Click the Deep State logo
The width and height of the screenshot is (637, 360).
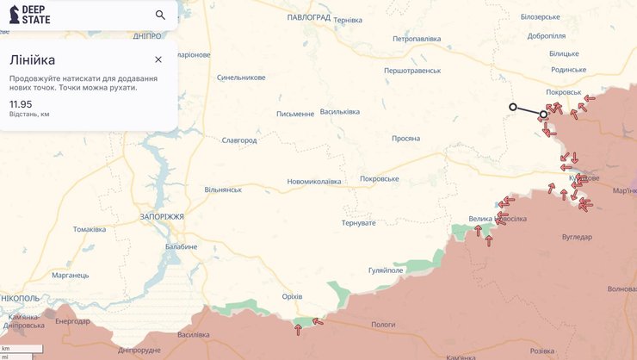(x=29, y=15)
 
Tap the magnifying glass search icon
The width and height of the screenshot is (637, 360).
(x=160, y=15)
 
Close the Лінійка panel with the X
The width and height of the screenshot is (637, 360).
(x=158, y=59)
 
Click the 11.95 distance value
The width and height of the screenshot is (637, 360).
(x=21, y=104)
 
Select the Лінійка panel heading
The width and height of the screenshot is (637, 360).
(x=33, y=59)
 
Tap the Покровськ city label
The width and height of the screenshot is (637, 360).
(x=564, y=92)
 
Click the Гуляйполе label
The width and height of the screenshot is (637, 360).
(x=386, y=270)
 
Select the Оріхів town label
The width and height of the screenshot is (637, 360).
(x=293, y=296)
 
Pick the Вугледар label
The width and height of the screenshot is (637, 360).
(x=577, y=237)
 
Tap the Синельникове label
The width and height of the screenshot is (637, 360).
(x=241, y=77)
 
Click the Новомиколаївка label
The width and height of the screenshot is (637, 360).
(x=314, y=182)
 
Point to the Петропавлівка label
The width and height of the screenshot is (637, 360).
(x=417, y=39)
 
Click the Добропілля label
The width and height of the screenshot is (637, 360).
(x=547, y=36)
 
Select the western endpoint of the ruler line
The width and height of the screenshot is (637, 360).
(x=512, y=107)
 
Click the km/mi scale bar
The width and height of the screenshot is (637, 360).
(x=21, y=352)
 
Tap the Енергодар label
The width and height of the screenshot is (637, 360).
(x=72, y=321)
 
